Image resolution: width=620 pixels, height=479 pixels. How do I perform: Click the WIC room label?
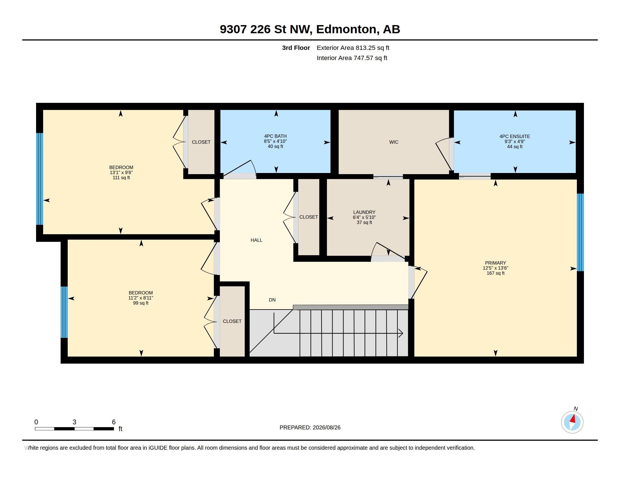pos(393,142)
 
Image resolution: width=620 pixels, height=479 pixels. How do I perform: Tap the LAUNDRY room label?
pos(364,212)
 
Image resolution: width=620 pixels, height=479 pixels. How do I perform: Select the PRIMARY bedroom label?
pos(495,263)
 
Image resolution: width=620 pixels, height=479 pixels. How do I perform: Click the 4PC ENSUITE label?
pos(515,136)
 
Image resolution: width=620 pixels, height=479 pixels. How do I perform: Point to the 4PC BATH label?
pos(275,136)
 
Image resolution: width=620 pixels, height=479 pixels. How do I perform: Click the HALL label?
pos(256,240)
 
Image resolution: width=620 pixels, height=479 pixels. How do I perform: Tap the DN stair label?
pos(272,300)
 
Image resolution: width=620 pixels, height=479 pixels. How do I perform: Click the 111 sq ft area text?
pos(121,178)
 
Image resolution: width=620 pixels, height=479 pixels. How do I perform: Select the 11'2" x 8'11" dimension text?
pos(141,298)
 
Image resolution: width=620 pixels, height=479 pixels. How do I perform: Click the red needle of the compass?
pos(573,419)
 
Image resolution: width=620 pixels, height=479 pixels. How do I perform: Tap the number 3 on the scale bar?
pos(74,422)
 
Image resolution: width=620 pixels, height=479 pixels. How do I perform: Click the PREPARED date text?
pos(310,427)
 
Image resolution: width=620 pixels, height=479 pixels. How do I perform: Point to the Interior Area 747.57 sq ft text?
pos(352,58)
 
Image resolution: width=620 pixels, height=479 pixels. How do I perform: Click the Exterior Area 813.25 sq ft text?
pos(353,48)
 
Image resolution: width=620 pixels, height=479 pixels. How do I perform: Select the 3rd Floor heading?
pos(296,48)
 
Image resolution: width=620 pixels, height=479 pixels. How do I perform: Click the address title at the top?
pos(310,29)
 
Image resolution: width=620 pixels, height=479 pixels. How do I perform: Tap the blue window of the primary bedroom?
pos(580,232)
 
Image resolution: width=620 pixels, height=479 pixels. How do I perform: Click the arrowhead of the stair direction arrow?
pos(401,333)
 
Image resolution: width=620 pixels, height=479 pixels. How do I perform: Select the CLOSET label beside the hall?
pos(309,217)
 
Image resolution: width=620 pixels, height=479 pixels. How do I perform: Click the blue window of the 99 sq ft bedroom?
pos(64,312)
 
